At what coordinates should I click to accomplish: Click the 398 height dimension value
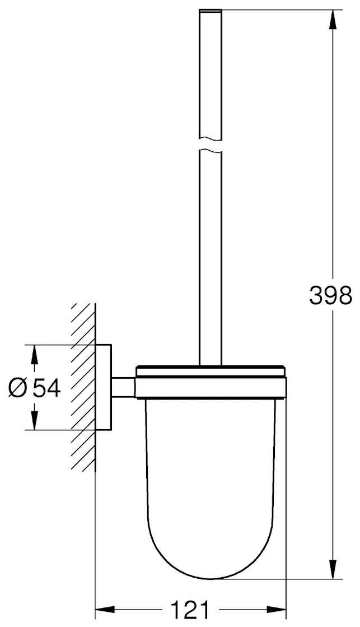click(330, 295)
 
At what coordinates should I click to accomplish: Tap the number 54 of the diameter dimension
click(46, 387)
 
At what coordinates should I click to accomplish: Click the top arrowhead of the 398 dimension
click(333, 20)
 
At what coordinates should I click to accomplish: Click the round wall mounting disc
click(103, 387)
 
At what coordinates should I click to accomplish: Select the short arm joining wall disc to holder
click(123, 387)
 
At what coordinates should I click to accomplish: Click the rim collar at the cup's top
click(211, 387)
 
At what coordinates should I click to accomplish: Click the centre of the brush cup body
click(211, 476)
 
